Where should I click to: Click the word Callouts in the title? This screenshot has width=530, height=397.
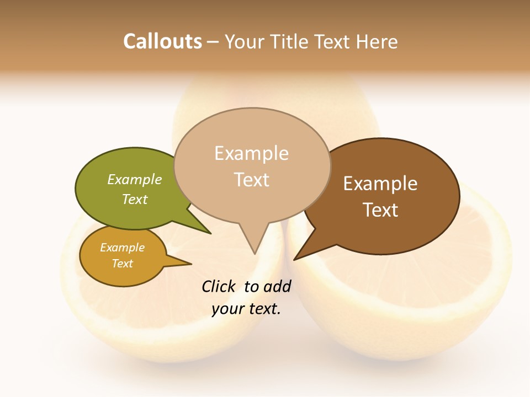point(162,41)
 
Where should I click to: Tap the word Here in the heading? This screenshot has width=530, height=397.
point(377,41)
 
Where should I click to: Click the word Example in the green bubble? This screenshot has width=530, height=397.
point(135,179)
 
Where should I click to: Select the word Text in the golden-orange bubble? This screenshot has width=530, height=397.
point(123,264)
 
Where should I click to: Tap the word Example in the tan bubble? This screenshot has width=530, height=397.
point(251,153)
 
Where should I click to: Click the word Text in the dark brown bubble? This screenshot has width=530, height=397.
point(380,210)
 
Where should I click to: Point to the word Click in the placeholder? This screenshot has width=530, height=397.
point(218,286)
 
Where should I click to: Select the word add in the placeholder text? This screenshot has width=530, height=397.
point(277,286)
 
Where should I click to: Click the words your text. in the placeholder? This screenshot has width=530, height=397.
point(246,309)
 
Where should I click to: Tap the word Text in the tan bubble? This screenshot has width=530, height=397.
point(251,180)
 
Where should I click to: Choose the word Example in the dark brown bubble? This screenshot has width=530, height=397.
point(380,183)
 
